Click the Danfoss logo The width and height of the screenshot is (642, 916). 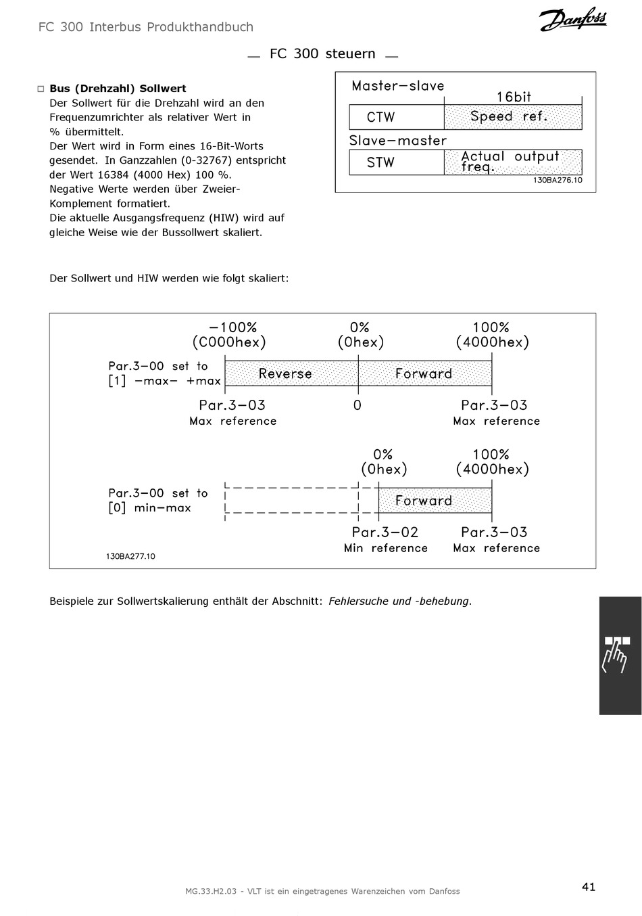pyautogui.click(x=572, y=19)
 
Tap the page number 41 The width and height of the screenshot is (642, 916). pyautogui.click(x=589, y=886)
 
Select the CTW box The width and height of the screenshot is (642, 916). pyautogui.click(x=397, y=117)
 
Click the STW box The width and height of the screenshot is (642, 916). pyautogui.click(x=397, y=162)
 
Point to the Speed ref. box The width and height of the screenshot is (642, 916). pyautogui.click(x=513, y=117)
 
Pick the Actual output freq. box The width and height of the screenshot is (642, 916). pyautogui.click(x=513, y=162)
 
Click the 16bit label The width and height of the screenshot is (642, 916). pyautogui.click(x=514, y=97)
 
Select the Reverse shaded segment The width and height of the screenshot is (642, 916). pyautogui.click(x=291, y=373)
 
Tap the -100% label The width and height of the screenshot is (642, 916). pyautogui.click(x=232, y=327)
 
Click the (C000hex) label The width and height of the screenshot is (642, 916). pyautogui.click(x=229, y=342)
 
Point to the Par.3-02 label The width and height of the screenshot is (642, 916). pyautogui.click(x=385, y=532)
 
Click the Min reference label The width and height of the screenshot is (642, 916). pyautogui.click(x=385, y=548)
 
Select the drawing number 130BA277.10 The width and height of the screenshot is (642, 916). pyautogui.click(x=130, y=556)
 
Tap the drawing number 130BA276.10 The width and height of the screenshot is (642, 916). pyautogui.click(x=558, y=180)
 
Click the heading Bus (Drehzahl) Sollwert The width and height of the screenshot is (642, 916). pyautogui.click(x=118, y=89)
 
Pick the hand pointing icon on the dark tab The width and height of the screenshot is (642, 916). pyautogui.click(x=616, y=654)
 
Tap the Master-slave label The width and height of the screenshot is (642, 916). pyautogui.click(x=398, y=86)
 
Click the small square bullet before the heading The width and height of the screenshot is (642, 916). pyautogui.click(x=41, y=89)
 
